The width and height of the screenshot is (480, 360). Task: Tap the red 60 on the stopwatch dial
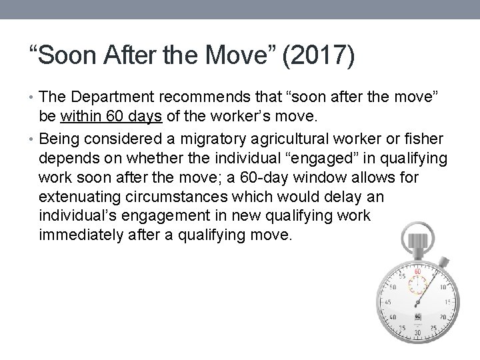418,272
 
